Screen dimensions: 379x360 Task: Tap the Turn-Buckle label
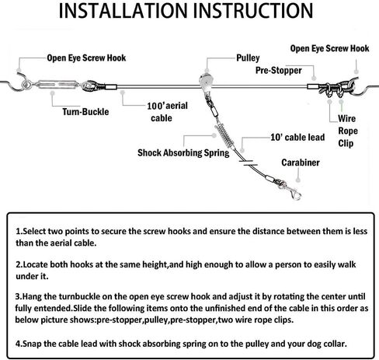tap(85, 112)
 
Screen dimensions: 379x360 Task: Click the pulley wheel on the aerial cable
tap(206, 81)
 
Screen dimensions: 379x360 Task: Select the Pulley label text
tap(248, 58)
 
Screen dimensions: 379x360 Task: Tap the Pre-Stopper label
tap(279, 70)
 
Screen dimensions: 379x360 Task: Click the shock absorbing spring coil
tap(224, 135)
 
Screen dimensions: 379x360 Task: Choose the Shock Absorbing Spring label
tap(183, 152)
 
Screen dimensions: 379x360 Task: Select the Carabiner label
tap(301, 163)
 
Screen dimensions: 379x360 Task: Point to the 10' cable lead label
tap(297, 137)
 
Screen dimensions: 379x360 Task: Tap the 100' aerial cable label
tap(167, 112)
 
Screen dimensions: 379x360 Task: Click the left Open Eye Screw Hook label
tap(86, 58)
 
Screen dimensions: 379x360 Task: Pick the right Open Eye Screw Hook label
tap(329, 48)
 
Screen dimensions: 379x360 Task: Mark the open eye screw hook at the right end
tap(363, 88)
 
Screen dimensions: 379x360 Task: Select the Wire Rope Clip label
tap(348, 131)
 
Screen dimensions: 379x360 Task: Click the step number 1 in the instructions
tap(18, 231)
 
